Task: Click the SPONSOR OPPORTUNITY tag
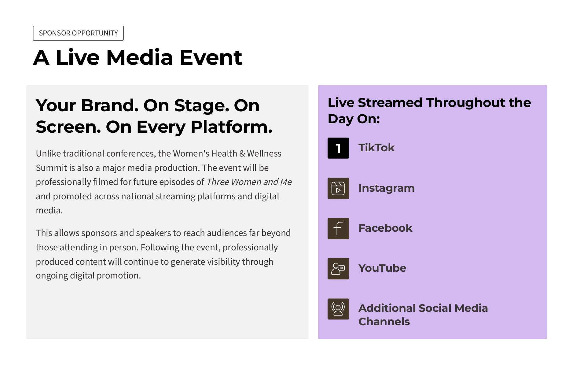[x=78, y=33]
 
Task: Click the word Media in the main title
[x=140, y=57]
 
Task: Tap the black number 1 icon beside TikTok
[x=338, y=148]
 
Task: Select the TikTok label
[x=376, y=148]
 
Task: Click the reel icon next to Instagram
[x=338, y=188]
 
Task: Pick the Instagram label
[x=387, y=188]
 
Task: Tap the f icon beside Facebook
[x=338, y=228]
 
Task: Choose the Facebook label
[x=385, y=228]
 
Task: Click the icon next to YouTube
[x=338, y=269]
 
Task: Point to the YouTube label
[x=382, y=268]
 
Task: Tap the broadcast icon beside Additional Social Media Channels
[x=338, y=309]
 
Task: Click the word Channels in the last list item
[x=384, y=322]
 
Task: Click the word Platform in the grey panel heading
[x=231, y=127]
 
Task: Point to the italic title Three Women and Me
[x=249, y=182]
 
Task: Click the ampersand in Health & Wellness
[x=242, y=153]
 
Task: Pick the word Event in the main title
[x=211, y=57]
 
